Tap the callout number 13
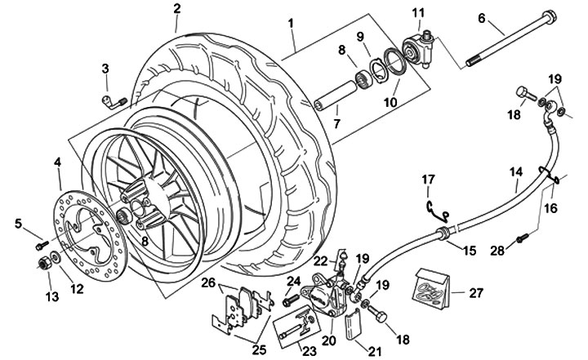[x=51, y=296]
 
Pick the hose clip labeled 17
[x=439, y=211]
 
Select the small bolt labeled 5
[x=40, y=242]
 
